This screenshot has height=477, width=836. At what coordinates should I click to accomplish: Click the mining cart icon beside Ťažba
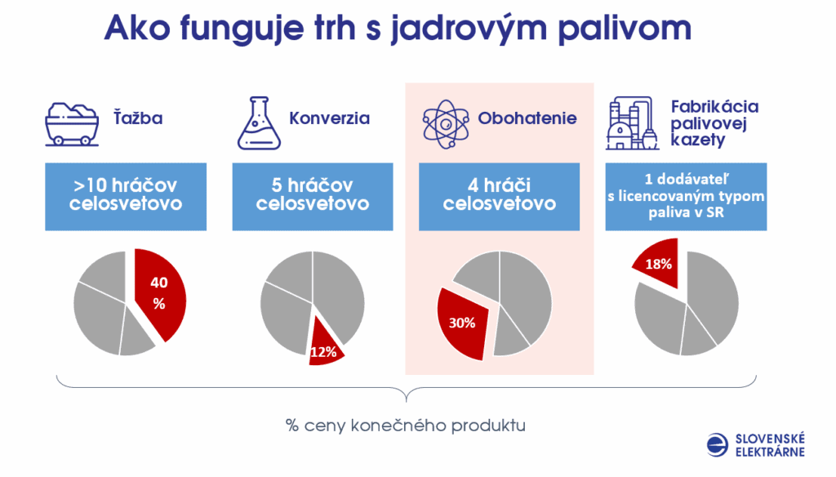72,124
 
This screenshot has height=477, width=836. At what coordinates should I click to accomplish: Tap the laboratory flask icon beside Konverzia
259,123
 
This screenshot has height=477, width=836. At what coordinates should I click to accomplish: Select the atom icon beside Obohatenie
446,124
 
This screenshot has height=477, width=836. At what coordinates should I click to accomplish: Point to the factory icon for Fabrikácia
632,123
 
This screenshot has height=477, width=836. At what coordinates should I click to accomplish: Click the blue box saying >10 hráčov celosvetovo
126,197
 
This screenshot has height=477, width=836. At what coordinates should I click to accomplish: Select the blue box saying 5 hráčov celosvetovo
313,197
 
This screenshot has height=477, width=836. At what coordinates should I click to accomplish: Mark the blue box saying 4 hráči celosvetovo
499,197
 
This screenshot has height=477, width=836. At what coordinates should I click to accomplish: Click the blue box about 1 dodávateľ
686,197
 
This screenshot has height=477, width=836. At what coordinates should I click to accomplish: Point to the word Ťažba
138,118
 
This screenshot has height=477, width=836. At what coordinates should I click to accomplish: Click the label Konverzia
330,118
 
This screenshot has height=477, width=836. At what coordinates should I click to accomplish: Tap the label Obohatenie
527,118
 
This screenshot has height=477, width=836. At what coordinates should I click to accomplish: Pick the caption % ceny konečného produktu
406,426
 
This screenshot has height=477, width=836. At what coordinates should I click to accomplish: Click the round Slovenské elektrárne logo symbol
718,445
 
